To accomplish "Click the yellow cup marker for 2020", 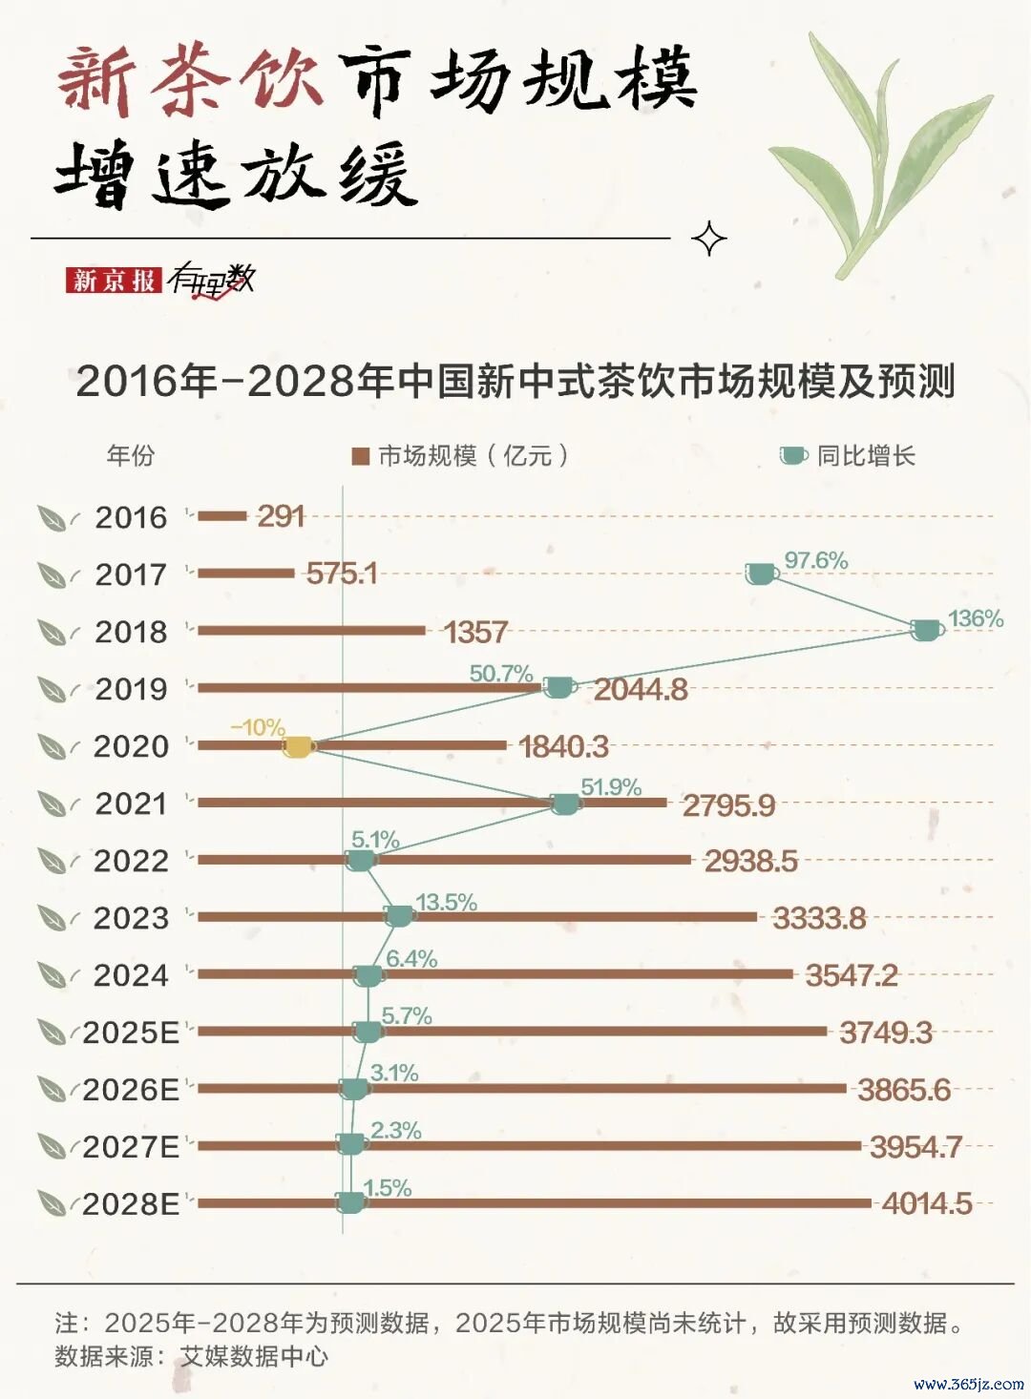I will pos(298,746).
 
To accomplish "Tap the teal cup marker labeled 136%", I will pos(925,630).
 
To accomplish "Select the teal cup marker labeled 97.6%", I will pos(761,574).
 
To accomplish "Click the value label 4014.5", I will pos(927,1203).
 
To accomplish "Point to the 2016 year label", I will pos(131,517).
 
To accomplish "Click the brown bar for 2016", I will pos(222,516).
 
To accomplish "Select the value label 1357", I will pos(475,632).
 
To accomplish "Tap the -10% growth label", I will pos(258,727).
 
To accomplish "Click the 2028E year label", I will pos(131,1204).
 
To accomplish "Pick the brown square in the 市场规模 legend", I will pos(360,456).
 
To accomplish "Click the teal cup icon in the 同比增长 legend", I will pos(792,456).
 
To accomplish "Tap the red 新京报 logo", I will pos(114,280).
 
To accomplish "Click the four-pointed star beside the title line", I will pos(709,239).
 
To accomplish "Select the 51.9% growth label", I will pos(611,787).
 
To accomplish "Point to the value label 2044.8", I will pos(641,689).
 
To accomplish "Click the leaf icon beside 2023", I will pos(52,918).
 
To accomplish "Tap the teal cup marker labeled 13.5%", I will pos(399,916).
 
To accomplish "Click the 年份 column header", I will pos(130,456).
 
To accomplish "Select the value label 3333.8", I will pos(819,918).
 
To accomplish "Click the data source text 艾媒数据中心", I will pos(254,1356).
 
